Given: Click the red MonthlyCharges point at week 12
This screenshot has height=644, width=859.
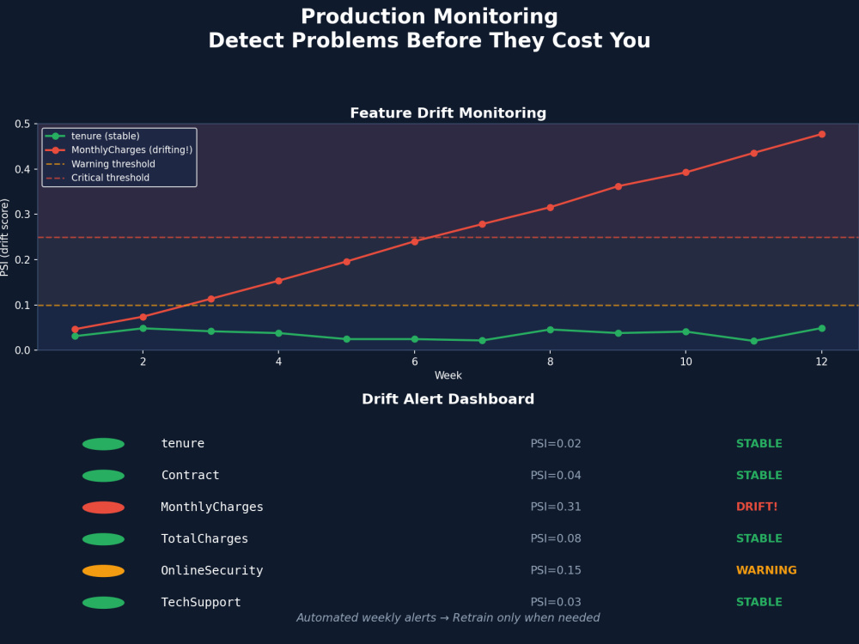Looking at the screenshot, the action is point(821,134).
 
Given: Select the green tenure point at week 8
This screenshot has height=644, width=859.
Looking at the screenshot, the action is point(550,330).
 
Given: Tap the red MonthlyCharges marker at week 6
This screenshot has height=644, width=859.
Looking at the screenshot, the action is point(414,241).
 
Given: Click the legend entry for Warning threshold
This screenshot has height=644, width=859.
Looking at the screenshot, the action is point(101,164).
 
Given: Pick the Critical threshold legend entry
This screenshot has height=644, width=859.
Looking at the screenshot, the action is point(98,178).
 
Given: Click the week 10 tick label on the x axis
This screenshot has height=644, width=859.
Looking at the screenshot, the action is point(685,361).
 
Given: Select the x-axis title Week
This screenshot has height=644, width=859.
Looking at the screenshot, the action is point(448,376).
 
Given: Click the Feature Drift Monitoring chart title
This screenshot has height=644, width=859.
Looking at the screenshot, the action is point(448,112).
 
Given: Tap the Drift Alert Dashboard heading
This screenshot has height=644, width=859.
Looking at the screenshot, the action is point(448,398).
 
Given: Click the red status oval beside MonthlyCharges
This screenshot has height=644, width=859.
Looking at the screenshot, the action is point(104,507).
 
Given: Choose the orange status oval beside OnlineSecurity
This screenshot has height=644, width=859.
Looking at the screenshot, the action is point(104,571).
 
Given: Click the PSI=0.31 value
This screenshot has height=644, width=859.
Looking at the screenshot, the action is point(556,507).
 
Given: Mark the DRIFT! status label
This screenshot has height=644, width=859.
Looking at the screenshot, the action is point(757,507).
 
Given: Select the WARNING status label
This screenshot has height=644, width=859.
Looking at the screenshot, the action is point(766,571).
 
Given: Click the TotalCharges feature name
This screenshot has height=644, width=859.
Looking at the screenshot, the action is point(204,539).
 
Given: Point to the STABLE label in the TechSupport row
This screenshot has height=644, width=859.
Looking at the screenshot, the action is point(758,603).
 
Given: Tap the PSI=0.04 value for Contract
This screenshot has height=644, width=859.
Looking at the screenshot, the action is point(556,476).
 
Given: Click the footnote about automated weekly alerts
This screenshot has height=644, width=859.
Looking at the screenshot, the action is point(448,617).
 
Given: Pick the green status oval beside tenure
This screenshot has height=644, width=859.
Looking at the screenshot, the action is point(104,444).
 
